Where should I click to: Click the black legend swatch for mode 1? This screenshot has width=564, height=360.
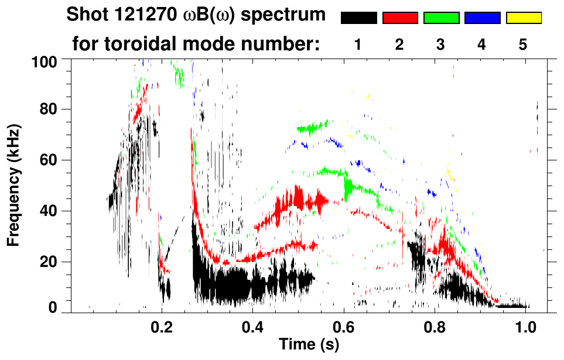point(358,18)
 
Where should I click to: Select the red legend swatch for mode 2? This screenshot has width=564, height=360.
point(400,18)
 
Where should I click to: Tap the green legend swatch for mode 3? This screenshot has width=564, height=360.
point(441,18)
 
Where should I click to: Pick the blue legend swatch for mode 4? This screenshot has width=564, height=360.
point(482,18)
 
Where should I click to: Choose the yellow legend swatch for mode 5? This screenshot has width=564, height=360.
point(524,18)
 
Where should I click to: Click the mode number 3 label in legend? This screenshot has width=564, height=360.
point(440,44)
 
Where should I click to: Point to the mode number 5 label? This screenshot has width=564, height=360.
point(523,44)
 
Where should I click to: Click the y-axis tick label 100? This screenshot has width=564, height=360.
point(45,60)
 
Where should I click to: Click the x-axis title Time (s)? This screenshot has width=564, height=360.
point(309,345)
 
